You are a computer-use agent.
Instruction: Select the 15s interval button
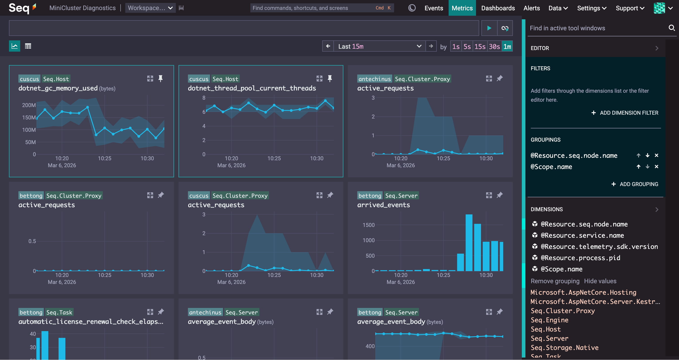tap(480, 47)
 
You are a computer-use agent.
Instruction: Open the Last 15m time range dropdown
tap(379, 46)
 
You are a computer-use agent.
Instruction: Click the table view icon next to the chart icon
tap(28, 46)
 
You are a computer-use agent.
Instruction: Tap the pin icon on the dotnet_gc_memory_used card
tap(160, 79)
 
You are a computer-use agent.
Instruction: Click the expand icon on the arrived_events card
tap(489, 195)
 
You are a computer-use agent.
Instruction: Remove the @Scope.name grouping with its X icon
tap(656, 167)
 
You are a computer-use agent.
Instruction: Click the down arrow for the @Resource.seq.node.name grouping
tap(647, 156)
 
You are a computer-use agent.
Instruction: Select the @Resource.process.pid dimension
tap(580, 258)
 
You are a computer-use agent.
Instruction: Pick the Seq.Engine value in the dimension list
tap(549, 320)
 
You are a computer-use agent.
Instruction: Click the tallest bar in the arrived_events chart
tap(469, 242)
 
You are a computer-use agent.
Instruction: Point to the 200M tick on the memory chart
tap(29, 105)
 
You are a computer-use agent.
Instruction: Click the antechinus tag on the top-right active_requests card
tap(374, 79)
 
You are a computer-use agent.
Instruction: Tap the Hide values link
tap(600, 281)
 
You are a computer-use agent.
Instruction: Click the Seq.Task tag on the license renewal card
tap(59, 312)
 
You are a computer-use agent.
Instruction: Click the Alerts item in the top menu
tap(531, 8)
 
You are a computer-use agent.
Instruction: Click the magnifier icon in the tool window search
tap(672, 28)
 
